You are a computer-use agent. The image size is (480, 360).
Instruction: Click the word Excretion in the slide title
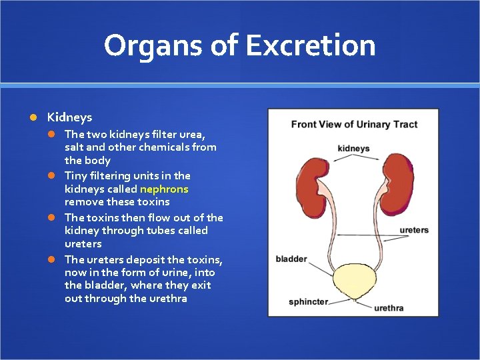(310, 45)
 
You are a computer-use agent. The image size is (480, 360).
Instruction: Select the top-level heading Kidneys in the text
(69, 117)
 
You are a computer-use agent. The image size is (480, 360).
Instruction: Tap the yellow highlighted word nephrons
(164, 189)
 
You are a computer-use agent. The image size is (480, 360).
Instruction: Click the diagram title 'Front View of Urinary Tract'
(354, 125)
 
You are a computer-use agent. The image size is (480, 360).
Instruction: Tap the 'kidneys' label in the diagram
(353, 149)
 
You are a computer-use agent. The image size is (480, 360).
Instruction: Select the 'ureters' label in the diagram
(414, 230)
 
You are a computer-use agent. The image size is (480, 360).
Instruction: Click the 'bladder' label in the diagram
(291, 259)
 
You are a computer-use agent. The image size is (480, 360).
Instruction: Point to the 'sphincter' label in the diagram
(308, 301)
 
